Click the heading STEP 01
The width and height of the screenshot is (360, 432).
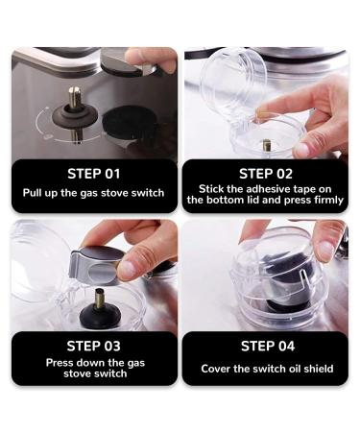tap(94, 174)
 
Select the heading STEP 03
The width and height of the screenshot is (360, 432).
tap(94, 345)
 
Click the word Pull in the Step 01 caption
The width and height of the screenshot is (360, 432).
tap(36, 193)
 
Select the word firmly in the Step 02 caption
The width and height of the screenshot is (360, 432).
tap(319, 200)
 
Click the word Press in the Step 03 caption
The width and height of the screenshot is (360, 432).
tap(62, 363)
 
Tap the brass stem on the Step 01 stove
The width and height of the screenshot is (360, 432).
tap(74, 98)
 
